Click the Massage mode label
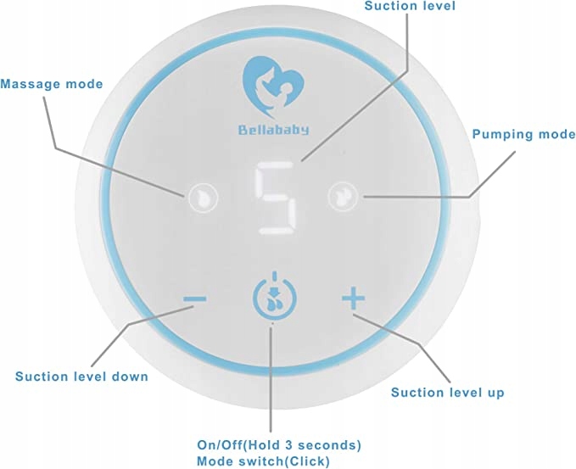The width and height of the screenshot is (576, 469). pyautogui.click(x=52, y=84)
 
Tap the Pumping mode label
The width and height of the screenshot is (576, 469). pyautogui.click(x=524, y=134)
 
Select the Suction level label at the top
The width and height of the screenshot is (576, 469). pyautogui.click(x=410, y=5)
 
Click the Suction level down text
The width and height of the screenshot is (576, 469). pyautogui.click(x=81, y=377)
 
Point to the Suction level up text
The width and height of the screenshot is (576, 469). pyautogui.click(x=448, y=393)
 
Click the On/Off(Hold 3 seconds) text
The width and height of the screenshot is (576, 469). pyautogui.click(x=279, y=445)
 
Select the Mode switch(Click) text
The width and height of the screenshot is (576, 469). pyautogui.click(x=263, y=461)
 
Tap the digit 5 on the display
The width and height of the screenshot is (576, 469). pyautogui.click(x=277, y=198)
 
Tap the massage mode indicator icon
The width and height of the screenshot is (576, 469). pyautogui.click(x=203, y=198)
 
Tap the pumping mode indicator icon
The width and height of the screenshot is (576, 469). pyautogui.click(x=343, y=197)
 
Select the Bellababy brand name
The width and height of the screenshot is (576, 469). pyautogui.click(x=273, y=130)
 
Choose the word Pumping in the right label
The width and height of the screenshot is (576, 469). pyautogui.click(x=501, y=134)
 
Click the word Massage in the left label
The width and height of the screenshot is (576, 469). pyautogui.click(x=30, y=84)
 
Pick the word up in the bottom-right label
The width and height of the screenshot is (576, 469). pyautogui.click(x=496, y=394)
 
